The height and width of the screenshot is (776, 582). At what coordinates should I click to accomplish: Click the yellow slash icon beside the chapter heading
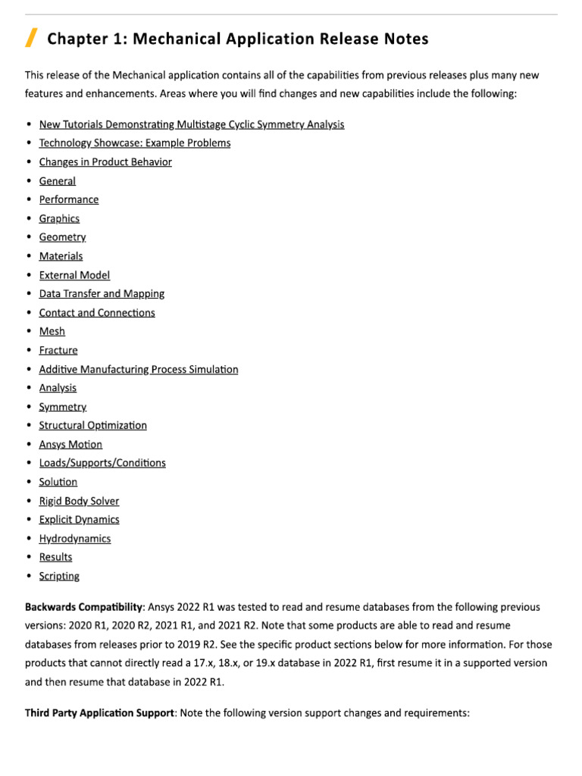(31, 37)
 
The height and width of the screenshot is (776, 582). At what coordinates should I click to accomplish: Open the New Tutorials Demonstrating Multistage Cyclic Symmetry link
(191, 124)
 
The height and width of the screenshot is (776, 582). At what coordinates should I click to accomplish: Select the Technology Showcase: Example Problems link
(135, 143)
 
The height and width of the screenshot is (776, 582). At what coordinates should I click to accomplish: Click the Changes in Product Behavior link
(105, 162)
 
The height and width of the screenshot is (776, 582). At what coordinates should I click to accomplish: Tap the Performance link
(69, 200)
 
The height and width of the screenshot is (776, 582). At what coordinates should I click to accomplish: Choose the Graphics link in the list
(59, 219)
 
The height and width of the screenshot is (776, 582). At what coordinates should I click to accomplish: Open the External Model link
(74, 275)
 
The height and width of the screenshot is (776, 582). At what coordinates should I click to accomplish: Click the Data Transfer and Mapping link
(102, 294)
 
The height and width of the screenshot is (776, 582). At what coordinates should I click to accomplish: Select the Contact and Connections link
(97, 313)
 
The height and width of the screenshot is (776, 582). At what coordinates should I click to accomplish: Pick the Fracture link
(58, 351)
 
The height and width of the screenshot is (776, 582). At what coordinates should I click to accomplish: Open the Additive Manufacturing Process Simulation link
(139, 370)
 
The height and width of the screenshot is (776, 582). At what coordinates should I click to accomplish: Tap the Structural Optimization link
(93, 426)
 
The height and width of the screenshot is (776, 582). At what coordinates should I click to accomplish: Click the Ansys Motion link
(70, 445)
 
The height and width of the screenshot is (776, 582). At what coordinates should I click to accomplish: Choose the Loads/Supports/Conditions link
(102, 463)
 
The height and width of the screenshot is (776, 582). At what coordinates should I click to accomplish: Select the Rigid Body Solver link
(79, 501)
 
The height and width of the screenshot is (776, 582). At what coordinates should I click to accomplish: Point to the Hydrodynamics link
(75, 539)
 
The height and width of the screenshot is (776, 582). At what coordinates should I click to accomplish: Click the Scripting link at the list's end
(59, 577)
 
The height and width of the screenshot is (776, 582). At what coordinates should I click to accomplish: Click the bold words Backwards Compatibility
(83, 608)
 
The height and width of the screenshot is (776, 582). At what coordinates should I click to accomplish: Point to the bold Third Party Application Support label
(99, 714)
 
